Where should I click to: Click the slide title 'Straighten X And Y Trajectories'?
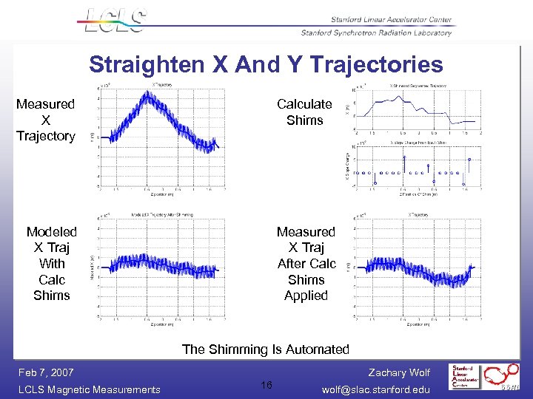[266, 65]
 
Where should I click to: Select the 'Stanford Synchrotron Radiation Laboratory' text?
[376, 33]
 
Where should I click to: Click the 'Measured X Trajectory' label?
[46, 120]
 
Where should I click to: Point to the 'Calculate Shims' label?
[304, 112]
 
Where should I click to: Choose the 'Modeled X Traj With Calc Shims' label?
[52, 264]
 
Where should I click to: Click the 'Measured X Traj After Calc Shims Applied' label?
[306, 264]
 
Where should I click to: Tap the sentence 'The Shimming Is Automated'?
[265, 349]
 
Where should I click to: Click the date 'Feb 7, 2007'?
[46, 373]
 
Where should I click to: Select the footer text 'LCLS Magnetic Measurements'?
[88, 389]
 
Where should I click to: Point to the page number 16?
[266, 385]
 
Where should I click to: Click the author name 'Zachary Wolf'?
[398, 373]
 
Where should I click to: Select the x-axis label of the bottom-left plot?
[163, 324]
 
